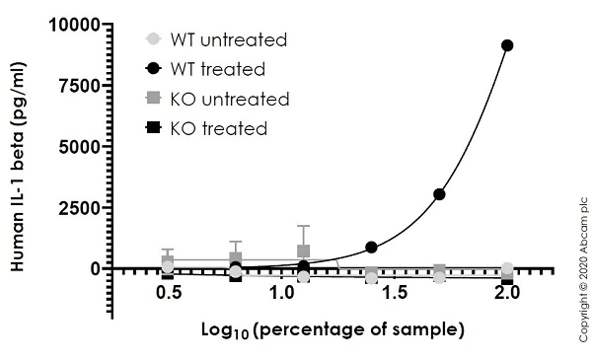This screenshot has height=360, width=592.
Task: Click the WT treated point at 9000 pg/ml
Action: pos(507,45)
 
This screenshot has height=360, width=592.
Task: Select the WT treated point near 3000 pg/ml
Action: pos(439,193)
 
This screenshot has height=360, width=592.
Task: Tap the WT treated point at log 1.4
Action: pos(371,247)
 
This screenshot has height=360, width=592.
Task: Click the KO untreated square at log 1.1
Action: pos(304,252)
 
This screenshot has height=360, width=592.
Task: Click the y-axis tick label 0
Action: pos(95,268)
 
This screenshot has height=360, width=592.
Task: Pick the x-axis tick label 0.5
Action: pos(168,295)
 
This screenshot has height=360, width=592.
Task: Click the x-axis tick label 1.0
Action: pos(281,295)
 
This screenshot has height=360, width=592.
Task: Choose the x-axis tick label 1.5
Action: pos(395,295)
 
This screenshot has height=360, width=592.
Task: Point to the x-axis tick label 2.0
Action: pos(507,295)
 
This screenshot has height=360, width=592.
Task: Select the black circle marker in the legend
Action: pos(153,70)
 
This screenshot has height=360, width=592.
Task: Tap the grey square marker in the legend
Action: pos(153,100)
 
